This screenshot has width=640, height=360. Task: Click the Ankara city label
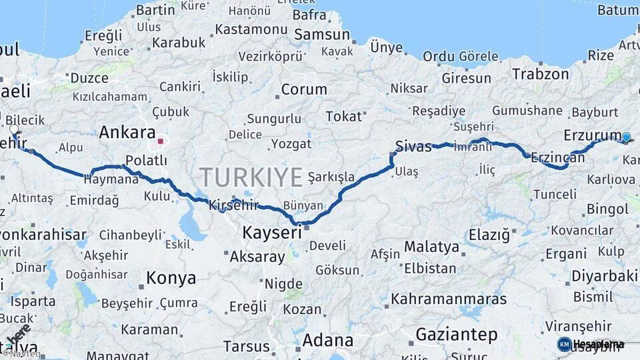[127, 133]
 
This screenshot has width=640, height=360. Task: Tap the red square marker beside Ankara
[160, 141]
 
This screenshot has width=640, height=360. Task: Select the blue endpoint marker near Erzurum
[626, 137]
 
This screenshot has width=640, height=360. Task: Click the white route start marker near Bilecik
[14, 129]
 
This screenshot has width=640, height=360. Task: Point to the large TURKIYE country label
[251, 177]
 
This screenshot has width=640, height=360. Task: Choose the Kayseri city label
[272, 233]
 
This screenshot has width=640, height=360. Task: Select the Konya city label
[171, 277]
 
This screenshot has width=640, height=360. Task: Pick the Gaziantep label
[457, 333]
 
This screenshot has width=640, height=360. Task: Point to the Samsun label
[322, 35]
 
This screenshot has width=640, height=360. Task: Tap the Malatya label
[431, 247]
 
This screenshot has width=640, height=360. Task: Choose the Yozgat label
[291, 143]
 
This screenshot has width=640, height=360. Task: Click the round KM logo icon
[565, 344]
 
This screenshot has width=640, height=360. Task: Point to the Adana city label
[327, 340]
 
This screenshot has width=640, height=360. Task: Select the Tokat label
[343, 116]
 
